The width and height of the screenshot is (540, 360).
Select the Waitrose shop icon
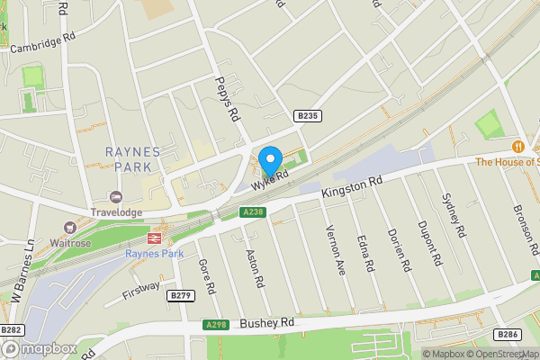pos(69,229)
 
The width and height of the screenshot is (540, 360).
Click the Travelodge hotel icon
pos(115,197)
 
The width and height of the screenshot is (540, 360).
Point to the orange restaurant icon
pos(518,146)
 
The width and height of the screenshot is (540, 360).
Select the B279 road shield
pos(181,295)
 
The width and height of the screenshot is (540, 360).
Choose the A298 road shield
pos(216,325)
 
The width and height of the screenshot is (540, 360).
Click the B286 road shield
pos(508,334)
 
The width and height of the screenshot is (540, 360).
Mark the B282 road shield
pos(11,329)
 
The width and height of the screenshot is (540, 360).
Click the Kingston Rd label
pos(353,187)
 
